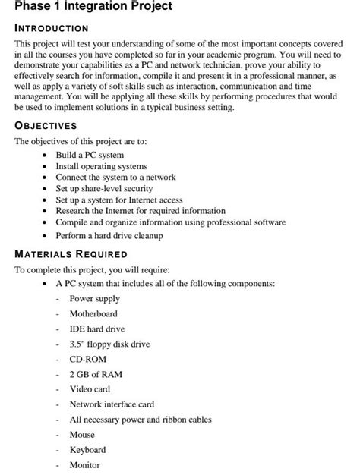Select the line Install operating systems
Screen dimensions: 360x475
point(101,165)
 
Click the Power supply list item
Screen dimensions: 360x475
point(95,299)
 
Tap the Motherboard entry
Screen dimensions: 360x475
point(93,313)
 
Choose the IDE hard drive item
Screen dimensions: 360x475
point(96,329)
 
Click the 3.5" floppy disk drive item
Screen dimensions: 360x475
point(109,344)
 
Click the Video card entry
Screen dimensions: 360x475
point(90,389)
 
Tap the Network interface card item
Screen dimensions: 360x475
point(112,404)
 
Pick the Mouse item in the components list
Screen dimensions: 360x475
point(82,435)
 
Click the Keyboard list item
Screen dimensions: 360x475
point(87,450)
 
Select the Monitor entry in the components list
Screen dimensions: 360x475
point(84,465)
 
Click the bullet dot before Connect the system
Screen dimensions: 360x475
point(47,178)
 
